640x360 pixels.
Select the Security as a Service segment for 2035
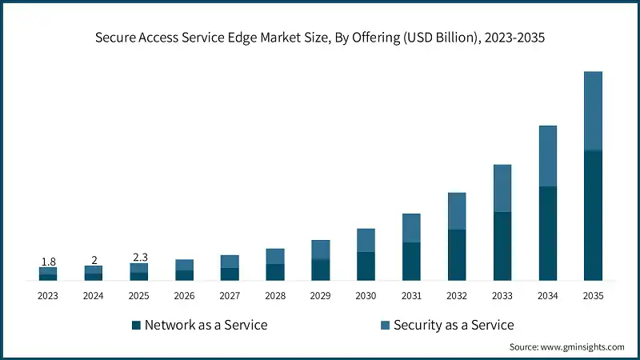tap(593, 110)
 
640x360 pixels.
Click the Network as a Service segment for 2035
tap(593, 215)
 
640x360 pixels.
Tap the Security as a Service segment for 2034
tap(547, 156)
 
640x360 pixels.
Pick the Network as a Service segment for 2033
tap(502, 246)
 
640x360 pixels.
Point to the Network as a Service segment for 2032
tap(457, 254)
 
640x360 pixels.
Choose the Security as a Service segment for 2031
tap(411, 228)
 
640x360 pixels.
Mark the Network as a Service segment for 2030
tap(366, 266)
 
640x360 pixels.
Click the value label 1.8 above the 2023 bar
tap(48, 262)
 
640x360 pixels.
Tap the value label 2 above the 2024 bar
tap(94, 260)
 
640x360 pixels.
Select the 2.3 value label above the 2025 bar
tap(139, 257)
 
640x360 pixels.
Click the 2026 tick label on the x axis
tap(184, 296)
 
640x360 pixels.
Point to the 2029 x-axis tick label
tap(320, 296)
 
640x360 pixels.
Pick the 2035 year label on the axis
tap(593, 296)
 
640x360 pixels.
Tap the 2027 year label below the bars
tap(230, 296)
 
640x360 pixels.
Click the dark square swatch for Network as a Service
tap(136, 325)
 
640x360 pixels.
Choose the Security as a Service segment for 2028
tap(275, 256)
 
